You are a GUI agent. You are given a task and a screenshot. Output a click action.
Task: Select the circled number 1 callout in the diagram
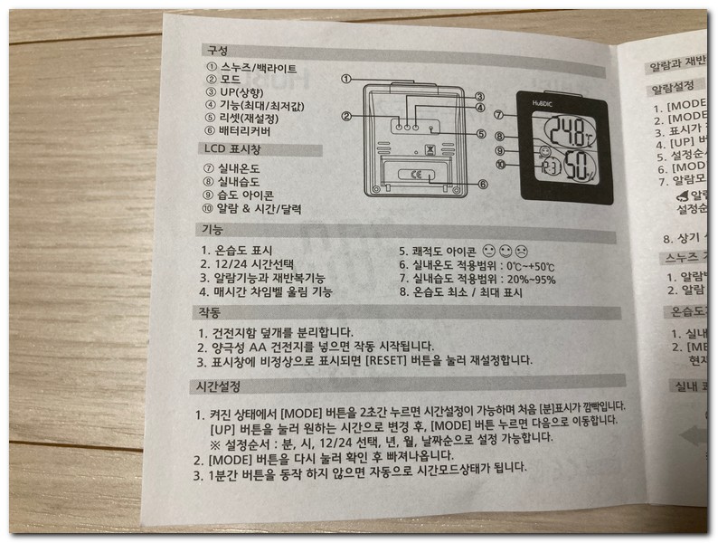click(346, 79)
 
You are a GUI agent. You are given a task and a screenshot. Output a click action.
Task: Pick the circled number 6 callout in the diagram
click(483, 185)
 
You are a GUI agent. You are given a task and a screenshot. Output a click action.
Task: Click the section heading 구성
click(217, 50)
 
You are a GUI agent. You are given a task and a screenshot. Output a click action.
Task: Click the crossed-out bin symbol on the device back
click(430, 141)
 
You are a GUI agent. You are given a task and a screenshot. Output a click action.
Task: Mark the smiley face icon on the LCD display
click(543, 150)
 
